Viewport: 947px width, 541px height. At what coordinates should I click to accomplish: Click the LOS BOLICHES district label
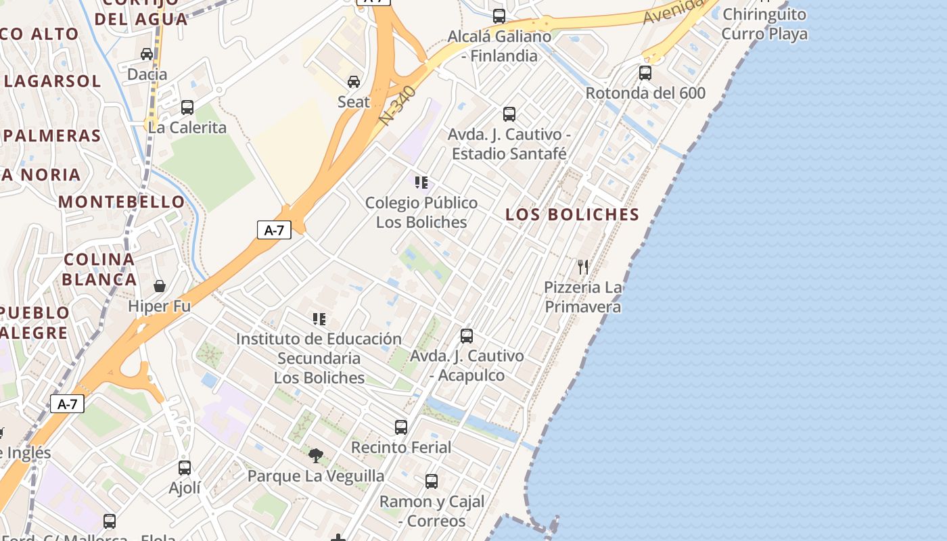coord(572,214)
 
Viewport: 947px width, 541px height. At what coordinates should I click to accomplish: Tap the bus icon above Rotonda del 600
coord(645,72)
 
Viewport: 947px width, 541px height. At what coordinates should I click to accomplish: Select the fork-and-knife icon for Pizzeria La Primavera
coord(583,266)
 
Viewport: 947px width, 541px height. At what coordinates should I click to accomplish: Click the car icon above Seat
coord(353,82)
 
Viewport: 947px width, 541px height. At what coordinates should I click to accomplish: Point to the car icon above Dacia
coord(147,53)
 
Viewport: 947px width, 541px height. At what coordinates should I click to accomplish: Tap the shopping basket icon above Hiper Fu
coord(160,286)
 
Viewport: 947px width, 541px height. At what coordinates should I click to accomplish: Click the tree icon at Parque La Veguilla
coord(315,455)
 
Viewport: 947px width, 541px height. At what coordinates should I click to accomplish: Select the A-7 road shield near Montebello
coord(274,230)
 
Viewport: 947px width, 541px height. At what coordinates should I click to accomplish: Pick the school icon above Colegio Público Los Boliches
coord(421,182)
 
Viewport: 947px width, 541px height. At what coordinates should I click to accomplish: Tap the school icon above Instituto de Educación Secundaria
coord(319,319)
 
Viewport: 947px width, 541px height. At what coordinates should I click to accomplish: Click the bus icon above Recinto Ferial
coord(401,427)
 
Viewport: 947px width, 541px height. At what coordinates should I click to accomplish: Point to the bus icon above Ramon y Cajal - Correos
coord(432,481)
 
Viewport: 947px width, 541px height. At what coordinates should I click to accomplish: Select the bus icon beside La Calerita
coord(187,107)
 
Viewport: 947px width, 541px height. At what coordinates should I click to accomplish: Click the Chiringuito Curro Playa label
coord(764,24)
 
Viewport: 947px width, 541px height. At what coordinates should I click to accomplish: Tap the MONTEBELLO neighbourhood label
coord(122,202)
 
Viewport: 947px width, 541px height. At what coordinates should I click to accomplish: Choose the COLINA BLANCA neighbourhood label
coord(99,269)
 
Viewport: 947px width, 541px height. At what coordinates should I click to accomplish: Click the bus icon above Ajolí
coord(185,467)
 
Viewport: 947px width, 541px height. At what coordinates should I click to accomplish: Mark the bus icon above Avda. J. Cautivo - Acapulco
coord(467,335)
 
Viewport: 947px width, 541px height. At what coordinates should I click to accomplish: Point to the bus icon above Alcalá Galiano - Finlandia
coord(499,16)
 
